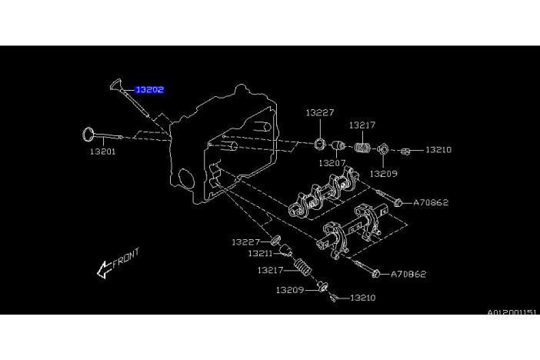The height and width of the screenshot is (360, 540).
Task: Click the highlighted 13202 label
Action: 149,90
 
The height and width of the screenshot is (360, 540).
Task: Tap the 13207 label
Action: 332,163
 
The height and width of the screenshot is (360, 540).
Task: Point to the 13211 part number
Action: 259,253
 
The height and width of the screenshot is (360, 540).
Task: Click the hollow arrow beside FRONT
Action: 103,270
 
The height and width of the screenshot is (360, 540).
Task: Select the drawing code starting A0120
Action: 512,313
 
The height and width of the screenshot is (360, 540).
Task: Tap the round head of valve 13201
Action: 89,135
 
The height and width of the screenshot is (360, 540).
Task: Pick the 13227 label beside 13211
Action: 245,242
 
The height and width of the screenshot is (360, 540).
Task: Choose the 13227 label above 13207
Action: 320,112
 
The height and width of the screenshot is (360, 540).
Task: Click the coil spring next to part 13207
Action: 363,145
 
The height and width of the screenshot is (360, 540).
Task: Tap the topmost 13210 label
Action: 438,149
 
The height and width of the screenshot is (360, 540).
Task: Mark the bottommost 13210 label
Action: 362,297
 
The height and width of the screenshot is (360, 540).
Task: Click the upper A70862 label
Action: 431,203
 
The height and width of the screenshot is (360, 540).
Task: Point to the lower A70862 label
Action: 408,274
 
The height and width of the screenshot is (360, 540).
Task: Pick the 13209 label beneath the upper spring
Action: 383,174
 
